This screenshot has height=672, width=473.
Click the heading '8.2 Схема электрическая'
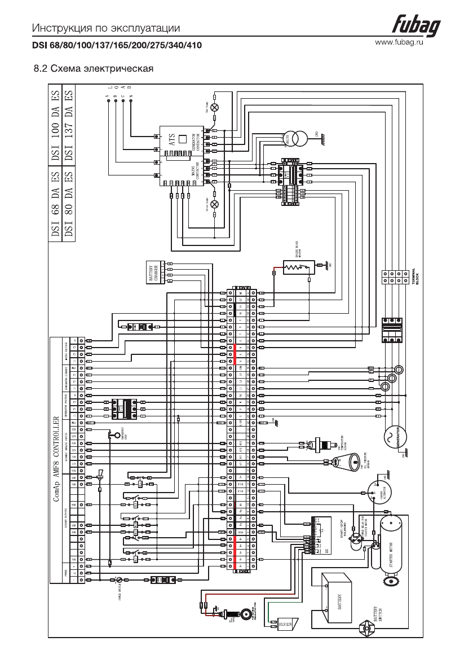pyautogui.click(x=94, y=70)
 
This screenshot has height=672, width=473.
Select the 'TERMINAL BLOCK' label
pyautogui.click(x=414, y=275)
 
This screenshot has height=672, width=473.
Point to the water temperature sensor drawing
pyautogui.click(x=324, y=444)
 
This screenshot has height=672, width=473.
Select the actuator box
pyautogui.click(x=288, y=625)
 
